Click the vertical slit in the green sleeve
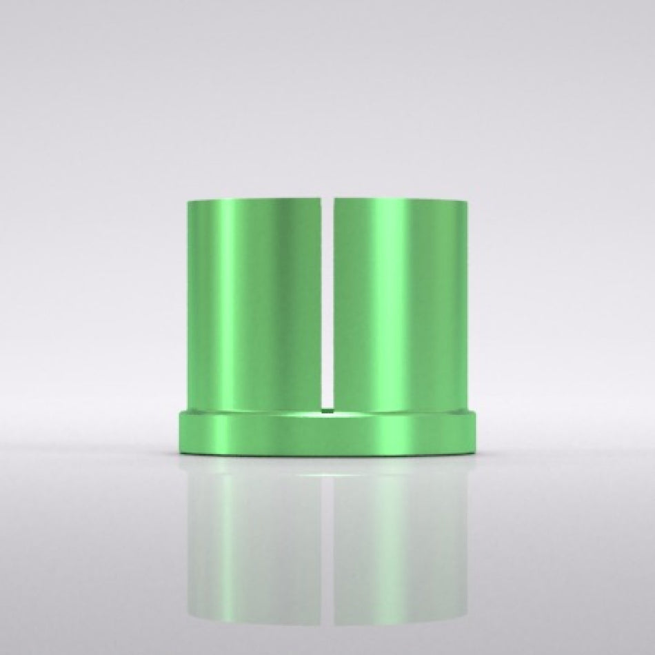point(327,303)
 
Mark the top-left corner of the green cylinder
point(188,201)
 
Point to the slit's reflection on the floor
point(328,538)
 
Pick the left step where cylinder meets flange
point(187,412)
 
